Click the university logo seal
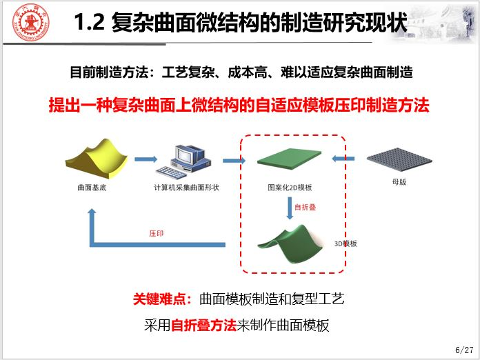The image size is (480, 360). pos(30,22)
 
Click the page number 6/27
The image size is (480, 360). pos(464,350)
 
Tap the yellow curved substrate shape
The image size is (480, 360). pos(97,159)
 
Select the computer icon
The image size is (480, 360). pos(183,162)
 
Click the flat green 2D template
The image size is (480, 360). pos(289,159)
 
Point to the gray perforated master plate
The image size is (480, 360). pos(399,159)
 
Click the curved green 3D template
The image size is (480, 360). pos(290,244)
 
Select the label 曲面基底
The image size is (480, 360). pos(92,188)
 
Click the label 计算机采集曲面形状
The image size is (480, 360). pos(186,188)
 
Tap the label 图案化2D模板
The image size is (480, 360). pos(290,188)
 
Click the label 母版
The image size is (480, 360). pos(399,182)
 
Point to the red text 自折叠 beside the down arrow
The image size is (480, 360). pos(305,208)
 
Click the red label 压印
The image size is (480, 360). pos(156,234)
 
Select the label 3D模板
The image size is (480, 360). pos(346,243)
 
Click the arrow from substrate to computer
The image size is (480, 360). pos(146,159)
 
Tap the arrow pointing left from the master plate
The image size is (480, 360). pos(343,159)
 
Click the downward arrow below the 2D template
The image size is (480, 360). pos(290,208)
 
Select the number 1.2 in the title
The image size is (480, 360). pos(89,22)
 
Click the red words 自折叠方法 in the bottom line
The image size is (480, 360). pos(203,325)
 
